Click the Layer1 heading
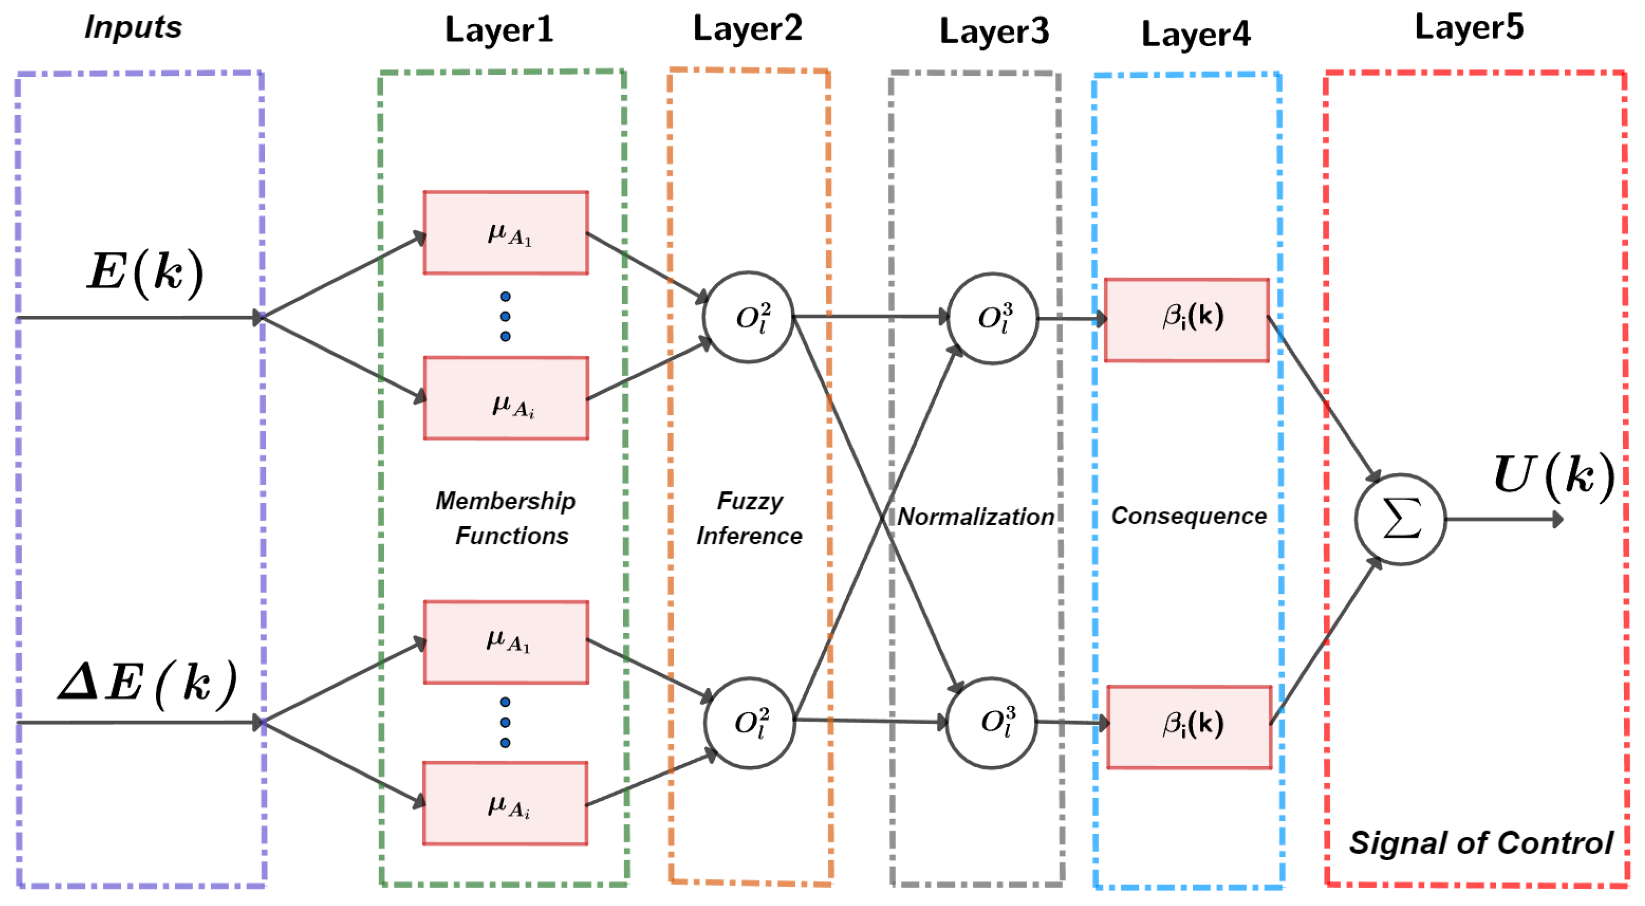(499, 31)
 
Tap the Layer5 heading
(1468, 28)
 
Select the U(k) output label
(1553, 476)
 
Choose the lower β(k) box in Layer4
(1189, 727)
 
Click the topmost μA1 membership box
(506, 233)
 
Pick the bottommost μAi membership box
(505, 803)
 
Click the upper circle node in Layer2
(749, 317)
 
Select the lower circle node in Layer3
(991, 722)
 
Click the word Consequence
(1189, 516)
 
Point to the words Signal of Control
(1480, 843)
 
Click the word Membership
(505, 501)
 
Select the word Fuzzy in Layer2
(750, 501)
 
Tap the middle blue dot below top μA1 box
(505, 316)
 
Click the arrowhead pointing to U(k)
(1558, 520)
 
